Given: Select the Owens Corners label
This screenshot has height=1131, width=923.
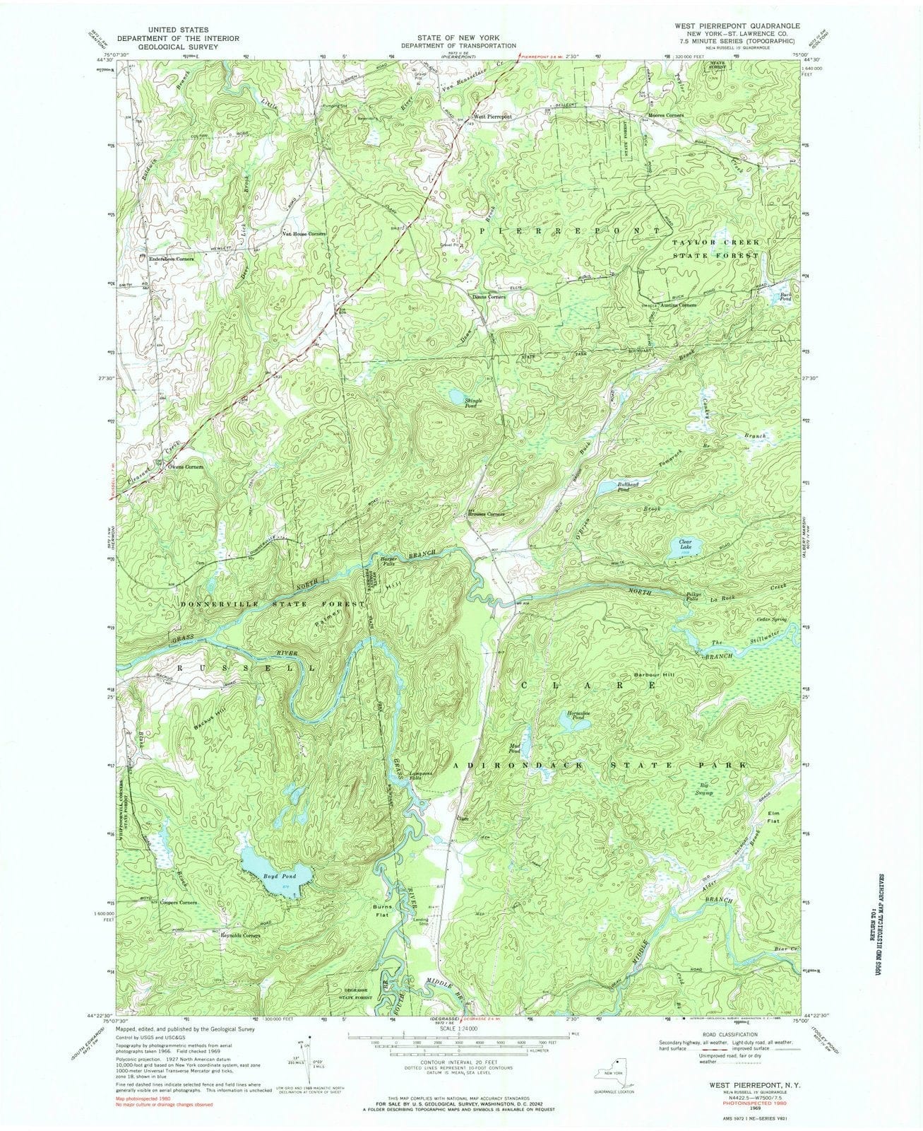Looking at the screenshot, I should (184, 467).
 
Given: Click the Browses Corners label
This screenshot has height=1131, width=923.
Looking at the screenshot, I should (486, 514).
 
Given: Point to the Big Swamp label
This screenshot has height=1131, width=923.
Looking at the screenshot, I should (708, 789).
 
